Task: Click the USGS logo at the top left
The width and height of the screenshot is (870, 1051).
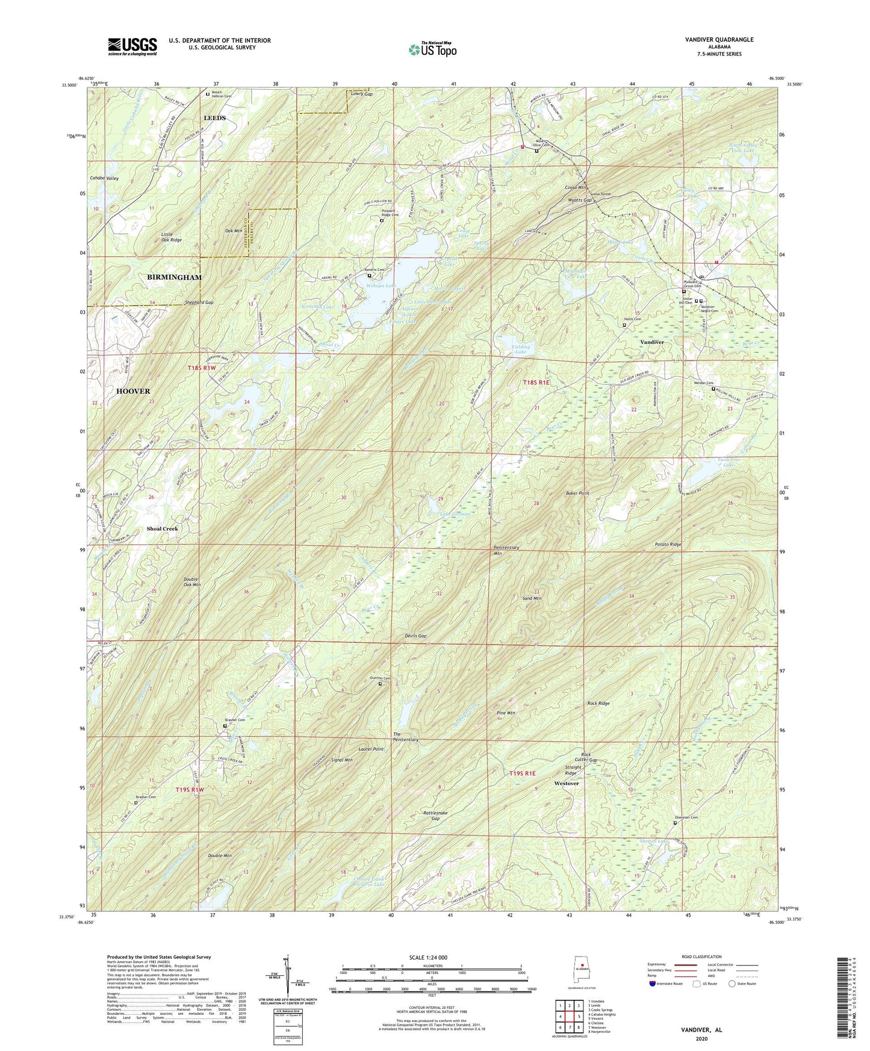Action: (132, 46)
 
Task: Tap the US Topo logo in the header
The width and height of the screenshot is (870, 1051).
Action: (432, 49)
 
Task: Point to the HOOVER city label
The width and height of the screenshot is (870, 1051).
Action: (133, 391)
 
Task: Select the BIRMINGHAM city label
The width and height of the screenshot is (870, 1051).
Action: (174, 277)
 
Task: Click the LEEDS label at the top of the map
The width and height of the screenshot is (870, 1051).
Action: (214, 118)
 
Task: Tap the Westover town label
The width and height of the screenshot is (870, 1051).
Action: (566, 783)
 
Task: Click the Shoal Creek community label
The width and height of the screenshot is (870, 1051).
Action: (162, 529)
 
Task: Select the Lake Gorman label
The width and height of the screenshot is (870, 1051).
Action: (455, 514)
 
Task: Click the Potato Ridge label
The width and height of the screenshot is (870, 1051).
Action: (668, 544)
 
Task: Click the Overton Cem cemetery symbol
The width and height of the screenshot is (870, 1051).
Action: (380, 684)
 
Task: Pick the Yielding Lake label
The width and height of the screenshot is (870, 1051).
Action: (521, 349)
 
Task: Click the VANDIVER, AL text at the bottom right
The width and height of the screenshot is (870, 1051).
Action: (701, 1030)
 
